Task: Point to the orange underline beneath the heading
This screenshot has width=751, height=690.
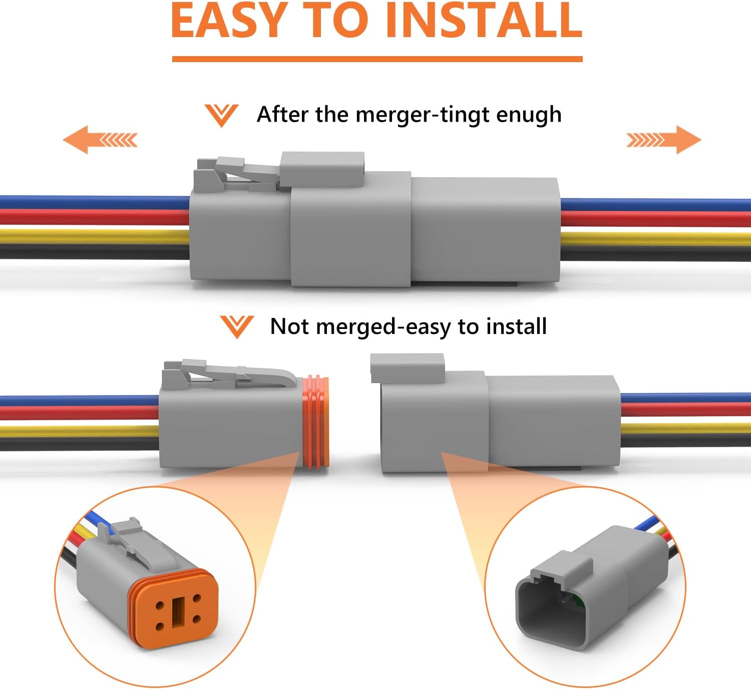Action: click(377, 59)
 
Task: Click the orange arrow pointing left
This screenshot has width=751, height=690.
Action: click(100, 140)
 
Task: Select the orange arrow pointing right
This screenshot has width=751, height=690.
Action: click(663, 140)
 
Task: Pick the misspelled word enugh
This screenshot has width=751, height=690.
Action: click(529, 115)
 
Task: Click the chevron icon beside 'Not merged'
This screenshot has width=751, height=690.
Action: click(237, 327)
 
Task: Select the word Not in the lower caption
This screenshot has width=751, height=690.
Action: click(289, 326)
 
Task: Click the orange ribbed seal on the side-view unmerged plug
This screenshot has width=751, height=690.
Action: click(315, 422)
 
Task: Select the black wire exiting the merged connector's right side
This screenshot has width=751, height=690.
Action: click(655, 254)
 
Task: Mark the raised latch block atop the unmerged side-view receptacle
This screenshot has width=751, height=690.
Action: click(408, 368)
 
